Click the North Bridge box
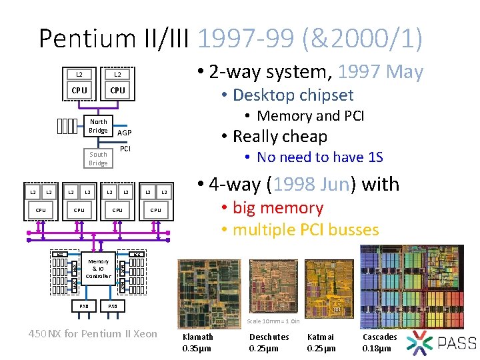point(98,126)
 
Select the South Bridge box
point(98,159)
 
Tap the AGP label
point(125,133)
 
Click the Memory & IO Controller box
point(99,269)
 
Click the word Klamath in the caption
point(197,337)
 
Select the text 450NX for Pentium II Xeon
point(93,333)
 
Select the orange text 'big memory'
point(277,208)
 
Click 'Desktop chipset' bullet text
point(293,95)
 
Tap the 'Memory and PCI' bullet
point(310,116)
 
